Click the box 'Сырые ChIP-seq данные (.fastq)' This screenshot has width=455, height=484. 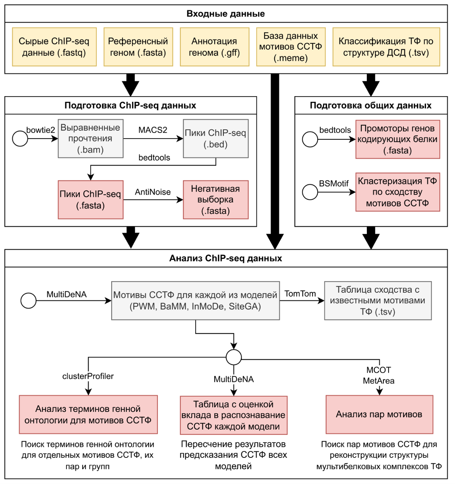[54, 47]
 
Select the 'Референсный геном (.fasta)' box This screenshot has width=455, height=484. [138, 47]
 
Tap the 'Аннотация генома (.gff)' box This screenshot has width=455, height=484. [214, 47]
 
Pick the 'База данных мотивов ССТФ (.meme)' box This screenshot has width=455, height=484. [291, 47]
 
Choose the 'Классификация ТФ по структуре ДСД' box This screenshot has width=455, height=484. [386, 47]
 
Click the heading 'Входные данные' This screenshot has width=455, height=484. [225, 14]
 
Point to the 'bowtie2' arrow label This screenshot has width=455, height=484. [41, 130]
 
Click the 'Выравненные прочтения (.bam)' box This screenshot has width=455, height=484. [91, 139]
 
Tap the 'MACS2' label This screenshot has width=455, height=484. [153, 130]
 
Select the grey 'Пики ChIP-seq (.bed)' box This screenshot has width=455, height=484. [215, 139]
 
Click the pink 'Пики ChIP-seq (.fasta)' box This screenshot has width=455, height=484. [91, 200]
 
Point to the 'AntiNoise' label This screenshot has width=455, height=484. [153, 192]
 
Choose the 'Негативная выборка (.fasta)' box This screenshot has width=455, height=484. [215, 200]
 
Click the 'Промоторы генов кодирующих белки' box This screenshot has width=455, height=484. [397, 139]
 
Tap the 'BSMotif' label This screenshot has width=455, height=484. [334, 184]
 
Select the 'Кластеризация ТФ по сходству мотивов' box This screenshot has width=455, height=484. [397, 192]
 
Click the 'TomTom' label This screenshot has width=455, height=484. [300, 294]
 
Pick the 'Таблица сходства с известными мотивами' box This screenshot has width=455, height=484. [378, 300]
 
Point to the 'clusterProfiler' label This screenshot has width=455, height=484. [88, 376]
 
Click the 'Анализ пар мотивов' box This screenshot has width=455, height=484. [379, 414]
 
